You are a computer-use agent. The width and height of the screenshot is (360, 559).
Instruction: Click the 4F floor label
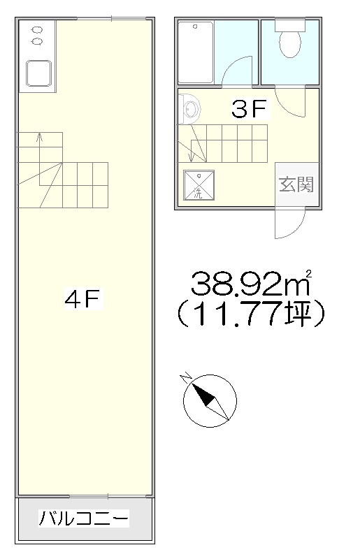[83, 298]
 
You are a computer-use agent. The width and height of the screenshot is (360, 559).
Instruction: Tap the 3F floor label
[249, 109]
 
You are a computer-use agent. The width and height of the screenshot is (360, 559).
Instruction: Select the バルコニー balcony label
[84, 518]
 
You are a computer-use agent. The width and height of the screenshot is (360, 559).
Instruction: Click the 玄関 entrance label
[296, 184]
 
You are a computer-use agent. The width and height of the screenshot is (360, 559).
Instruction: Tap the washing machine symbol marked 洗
[199, 185]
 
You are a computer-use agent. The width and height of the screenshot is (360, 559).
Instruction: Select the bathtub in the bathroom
[196, 52]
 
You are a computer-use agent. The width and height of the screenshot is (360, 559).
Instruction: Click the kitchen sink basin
[39, 73]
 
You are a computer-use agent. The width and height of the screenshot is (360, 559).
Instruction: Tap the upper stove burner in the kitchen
[37, 29]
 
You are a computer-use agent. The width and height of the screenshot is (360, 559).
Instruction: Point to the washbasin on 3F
[189, 109]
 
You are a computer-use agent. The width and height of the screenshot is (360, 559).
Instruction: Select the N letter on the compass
[186, 378]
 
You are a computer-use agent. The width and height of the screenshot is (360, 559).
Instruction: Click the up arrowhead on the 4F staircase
[40, 136]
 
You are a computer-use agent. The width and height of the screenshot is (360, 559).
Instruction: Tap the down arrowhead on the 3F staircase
[192, 157]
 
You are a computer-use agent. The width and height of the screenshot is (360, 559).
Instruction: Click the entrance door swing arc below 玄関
[296, 232]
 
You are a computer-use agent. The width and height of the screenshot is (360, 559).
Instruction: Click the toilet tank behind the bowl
[290, 25]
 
